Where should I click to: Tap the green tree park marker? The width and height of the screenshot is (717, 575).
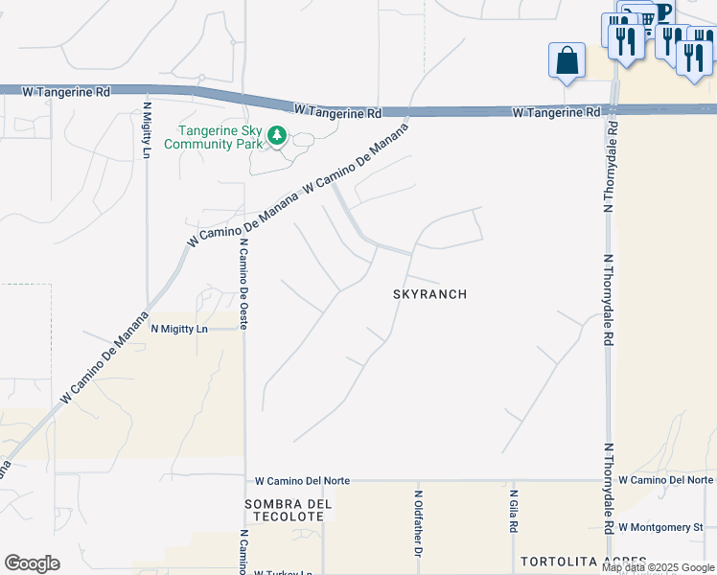click(x=277, y=136)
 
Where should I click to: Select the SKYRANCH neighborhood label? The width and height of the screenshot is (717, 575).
click(x=429, y=294)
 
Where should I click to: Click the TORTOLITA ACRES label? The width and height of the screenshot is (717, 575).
click(x=583, y=561)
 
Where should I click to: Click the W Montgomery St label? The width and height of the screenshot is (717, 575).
click(x=660, y=527)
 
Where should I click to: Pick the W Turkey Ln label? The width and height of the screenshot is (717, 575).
click(x=284, y=573)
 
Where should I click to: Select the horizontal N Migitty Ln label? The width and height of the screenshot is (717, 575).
click(x=179, y=329)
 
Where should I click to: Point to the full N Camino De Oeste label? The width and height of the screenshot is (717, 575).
click(x=243, y=285)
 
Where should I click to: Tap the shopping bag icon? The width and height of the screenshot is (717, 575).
click(x=567, y=60)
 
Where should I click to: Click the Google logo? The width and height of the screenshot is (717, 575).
click(x=32, y=563)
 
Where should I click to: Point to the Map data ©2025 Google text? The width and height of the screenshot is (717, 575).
click(x=659, y=567)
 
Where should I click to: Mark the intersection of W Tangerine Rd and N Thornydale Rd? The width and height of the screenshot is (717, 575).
click(x=611, y=110)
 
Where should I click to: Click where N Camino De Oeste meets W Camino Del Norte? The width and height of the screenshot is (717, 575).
click(x=244, y=480)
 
